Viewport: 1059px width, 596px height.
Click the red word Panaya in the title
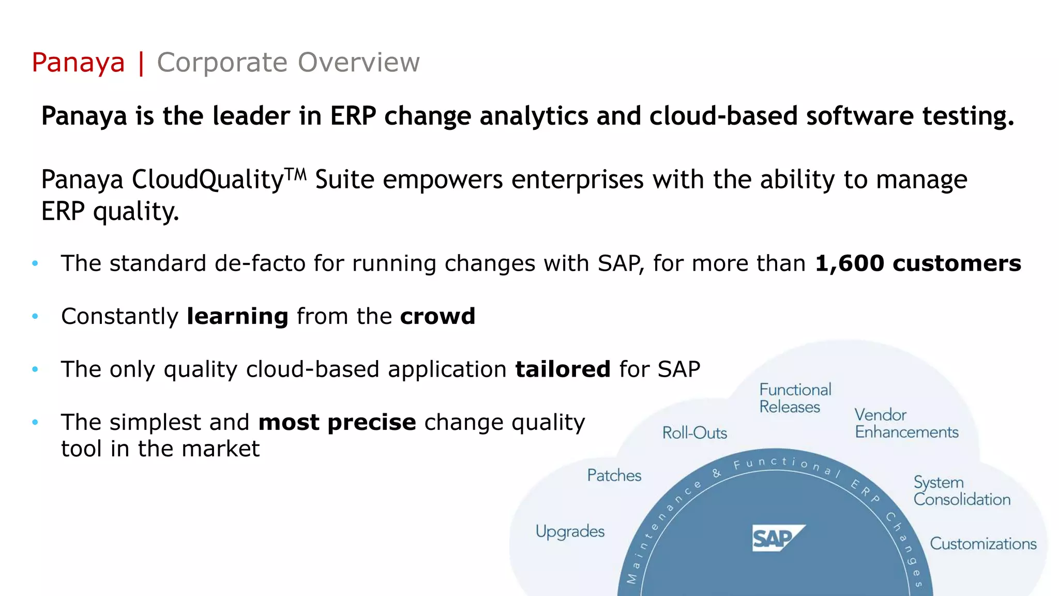click(x=78, y=63)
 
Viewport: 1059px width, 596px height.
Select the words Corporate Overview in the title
click(x=288, y=63)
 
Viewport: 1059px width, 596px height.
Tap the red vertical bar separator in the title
click(x=141, y=63)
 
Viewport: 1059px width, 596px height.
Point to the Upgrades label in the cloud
click(x=570, y=531)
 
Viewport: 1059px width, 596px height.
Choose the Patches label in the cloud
click(x=614, y=475)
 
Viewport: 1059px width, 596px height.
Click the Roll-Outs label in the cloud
click(x=694, y=433)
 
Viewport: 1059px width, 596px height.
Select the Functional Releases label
click(x=795, y=398)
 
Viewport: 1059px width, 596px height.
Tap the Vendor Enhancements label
click(x=906, y=423)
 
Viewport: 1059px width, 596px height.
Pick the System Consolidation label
click(x=961, y=490)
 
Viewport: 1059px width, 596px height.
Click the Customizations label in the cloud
click(x=983, y=544)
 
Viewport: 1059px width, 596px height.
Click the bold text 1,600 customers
click(x=918, y=263)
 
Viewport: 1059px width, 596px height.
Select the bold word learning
click(x=237, y=316)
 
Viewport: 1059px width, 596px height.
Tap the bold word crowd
click(x=437, y=316)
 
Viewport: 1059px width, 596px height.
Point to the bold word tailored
click(x=563, y=369)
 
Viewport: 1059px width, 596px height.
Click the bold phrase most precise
click(x=337, y=422)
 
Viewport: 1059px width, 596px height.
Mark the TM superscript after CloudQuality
click(x=296, y=174)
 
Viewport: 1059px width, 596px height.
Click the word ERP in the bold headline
click(x=353, y=116)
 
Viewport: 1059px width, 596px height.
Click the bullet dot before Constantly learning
click(x=35, y=316)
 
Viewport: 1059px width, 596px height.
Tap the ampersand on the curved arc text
click(x=717, y=473)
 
